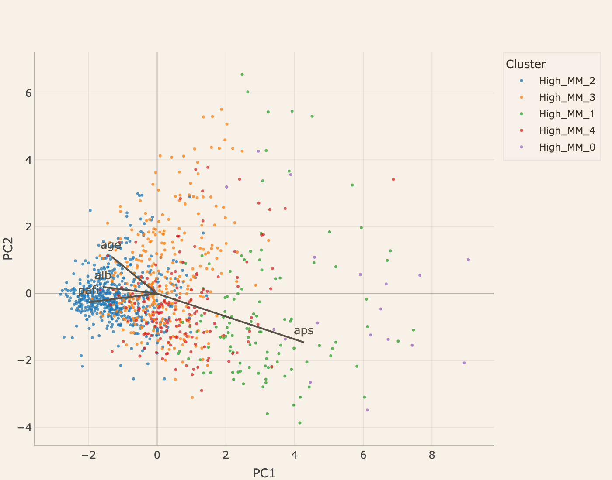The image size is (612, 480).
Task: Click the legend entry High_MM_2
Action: (567, 81)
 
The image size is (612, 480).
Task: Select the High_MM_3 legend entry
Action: (567, 97)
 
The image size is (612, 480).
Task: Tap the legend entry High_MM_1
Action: (567, 114)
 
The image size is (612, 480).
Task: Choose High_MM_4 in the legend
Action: (567, 130)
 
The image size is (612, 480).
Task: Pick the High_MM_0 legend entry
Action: (567, 147)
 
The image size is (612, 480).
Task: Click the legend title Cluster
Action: (525, 64)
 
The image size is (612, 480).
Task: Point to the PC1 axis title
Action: (264, 473)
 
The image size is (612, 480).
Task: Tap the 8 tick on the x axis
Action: (432, 455)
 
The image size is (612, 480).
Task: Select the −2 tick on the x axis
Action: (88, 455)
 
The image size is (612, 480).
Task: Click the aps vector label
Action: (303, 330)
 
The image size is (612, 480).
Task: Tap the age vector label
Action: (111, 245)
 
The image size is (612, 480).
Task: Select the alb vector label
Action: (103, 275)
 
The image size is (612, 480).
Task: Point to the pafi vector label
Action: (88, 290)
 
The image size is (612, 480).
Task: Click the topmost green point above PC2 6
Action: (242, 75)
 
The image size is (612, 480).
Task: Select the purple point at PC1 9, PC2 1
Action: (468, 260)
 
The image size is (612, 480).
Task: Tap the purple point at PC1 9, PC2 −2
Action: (464, 363)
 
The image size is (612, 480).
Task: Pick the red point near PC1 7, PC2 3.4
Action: (393, 179)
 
